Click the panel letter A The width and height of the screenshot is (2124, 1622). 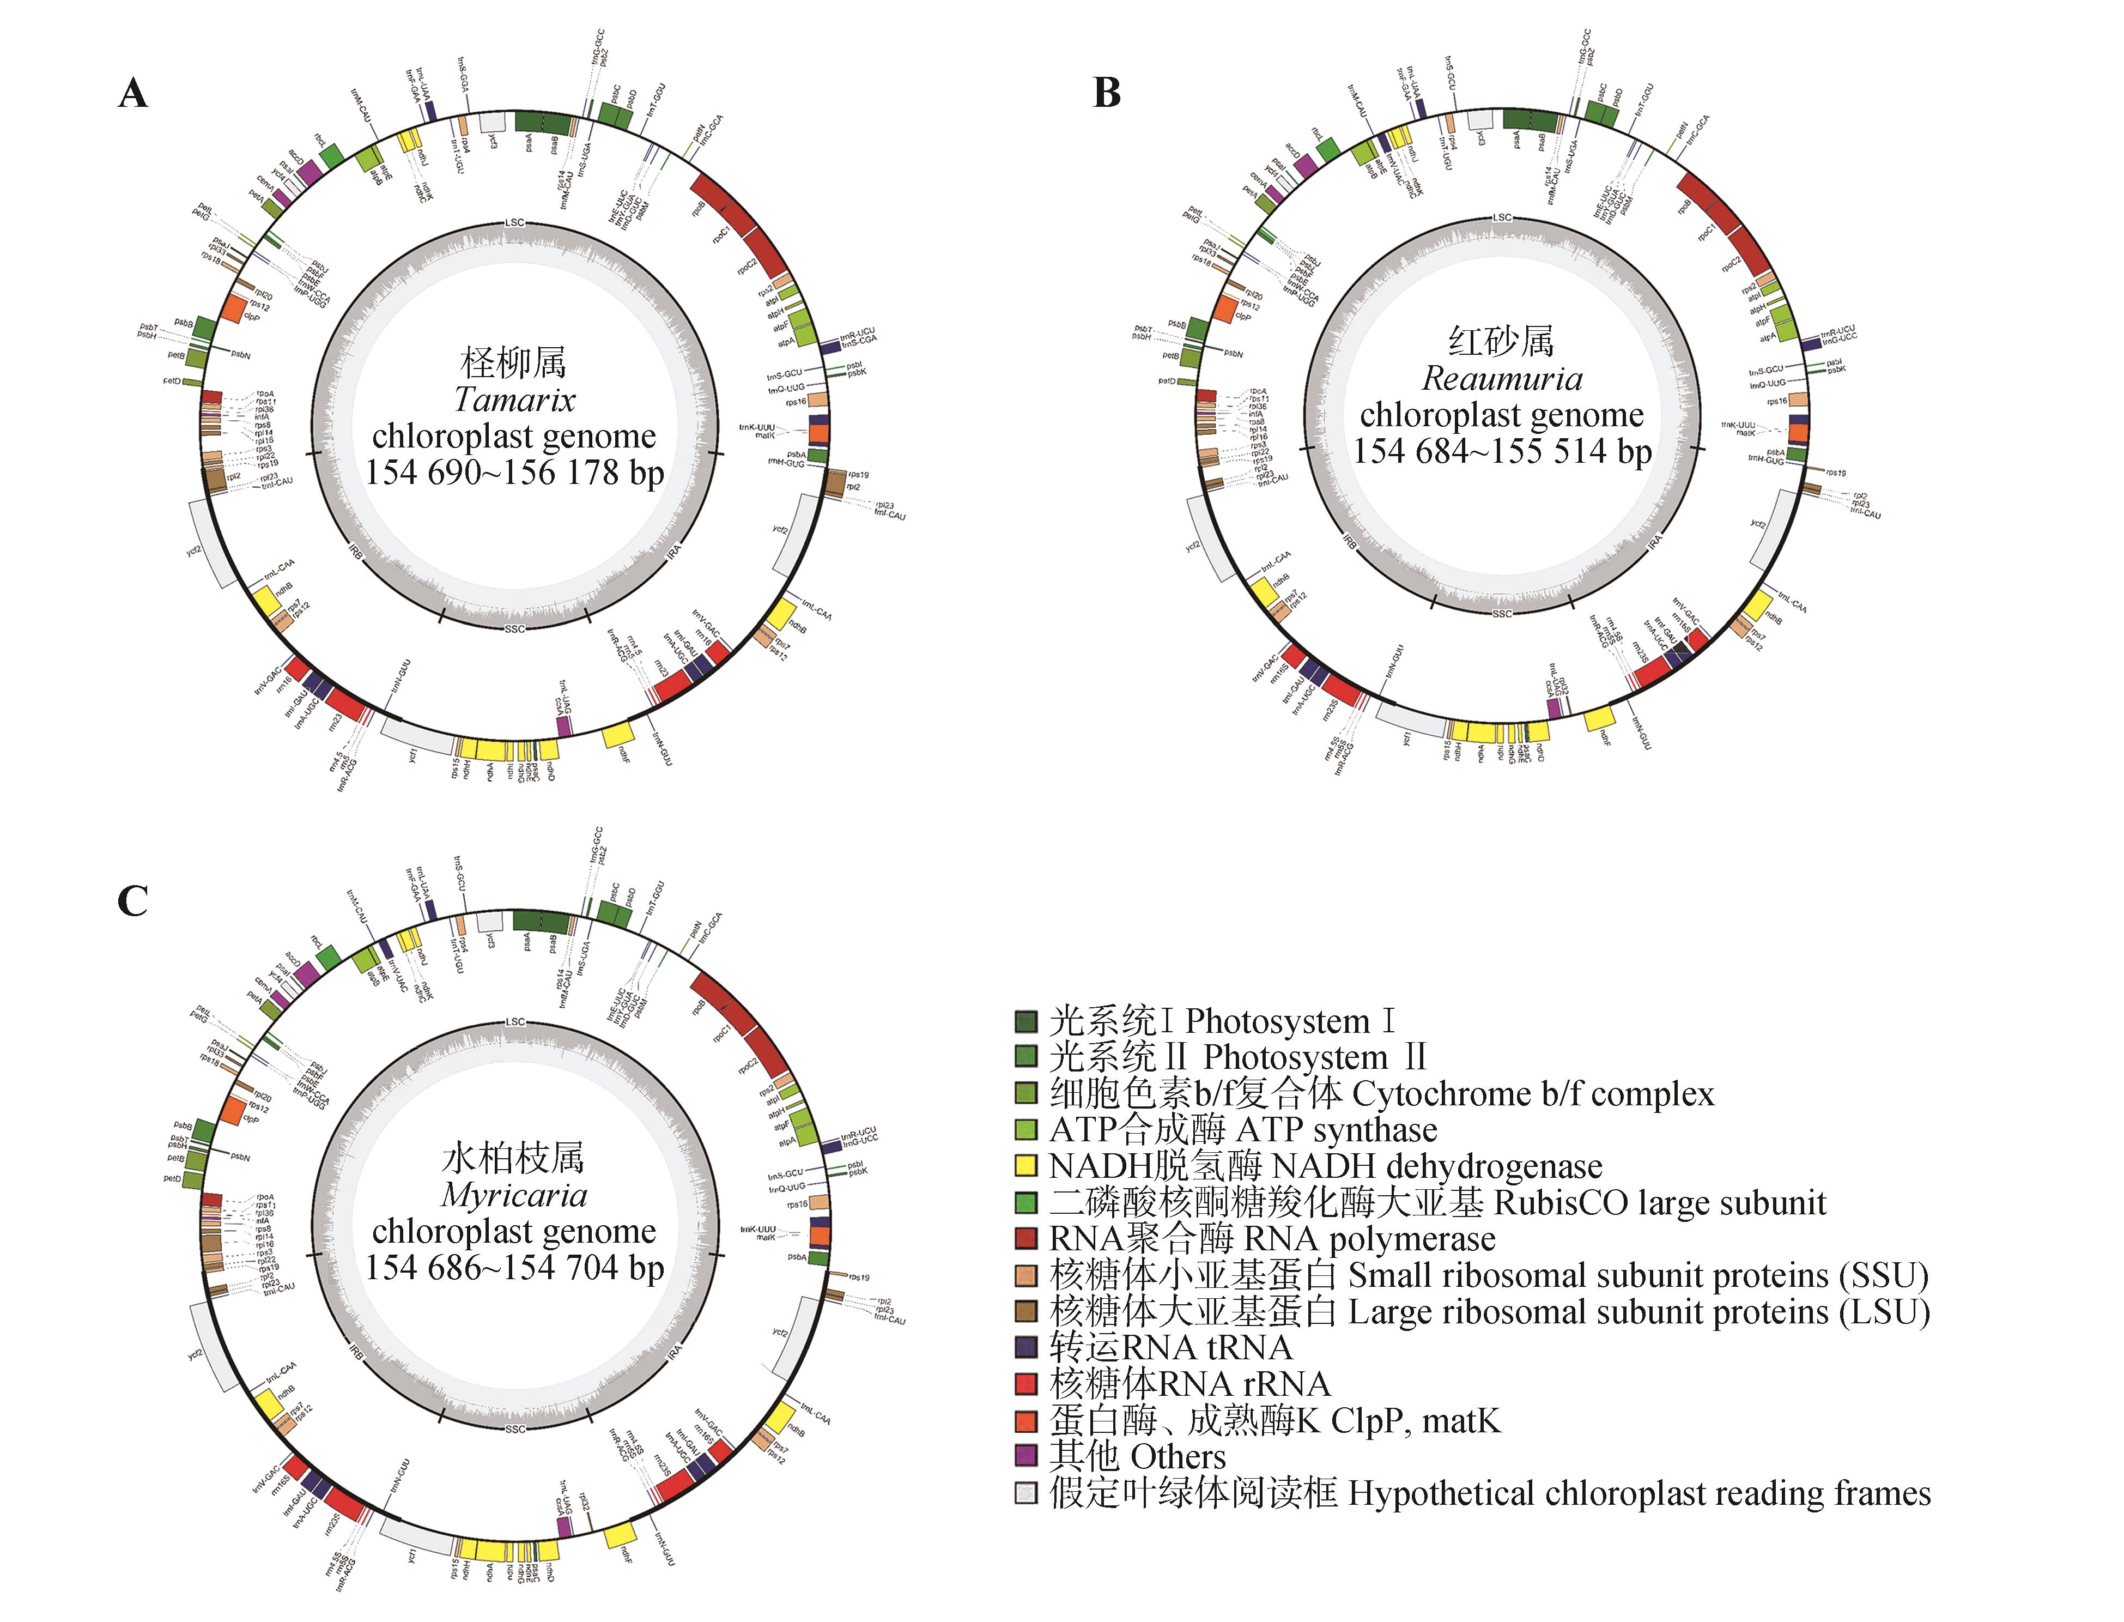tap(133, 94)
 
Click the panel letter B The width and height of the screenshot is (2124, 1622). tap(1106, 94)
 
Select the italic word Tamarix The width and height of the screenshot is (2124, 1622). tap(514, 400)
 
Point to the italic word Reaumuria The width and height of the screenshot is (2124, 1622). tap(1502, 378)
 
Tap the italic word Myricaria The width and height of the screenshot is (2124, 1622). tap(514, 1195)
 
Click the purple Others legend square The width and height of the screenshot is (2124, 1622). tap(1026, 1456)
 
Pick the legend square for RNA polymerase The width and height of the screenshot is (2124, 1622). tap(1026, 1239)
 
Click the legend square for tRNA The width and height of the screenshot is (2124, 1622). tap(1026, 1347)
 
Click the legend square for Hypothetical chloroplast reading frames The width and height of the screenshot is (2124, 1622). tap(1026, 1493)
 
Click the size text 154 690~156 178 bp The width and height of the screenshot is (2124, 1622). tap(514, 472)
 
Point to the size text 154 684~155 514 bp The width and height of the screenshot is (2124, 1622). tap(1502, 451)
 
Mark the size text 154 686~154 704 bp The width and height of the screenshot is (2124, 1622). tap(514, 1268)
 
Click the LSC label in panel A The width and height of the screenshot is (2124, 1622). tap(514, 223)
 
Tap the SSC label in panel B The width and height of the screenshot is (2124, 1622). tap(1502, 614)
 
